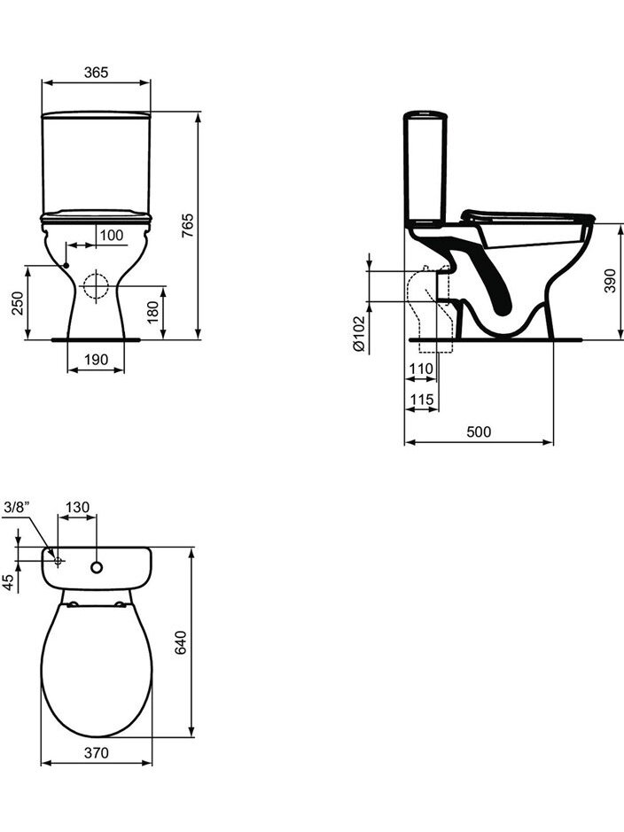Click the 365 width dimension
96,72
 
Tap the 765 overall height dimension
189,225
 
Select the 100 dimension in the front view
112,235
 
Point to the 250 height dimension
18,303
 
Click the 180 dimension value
152,313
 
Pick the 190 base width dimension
96,359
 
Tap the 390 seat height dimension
610,280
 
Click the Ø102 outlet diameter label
359,333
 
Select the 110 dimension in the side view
421,369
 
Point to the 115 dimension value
422,399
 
